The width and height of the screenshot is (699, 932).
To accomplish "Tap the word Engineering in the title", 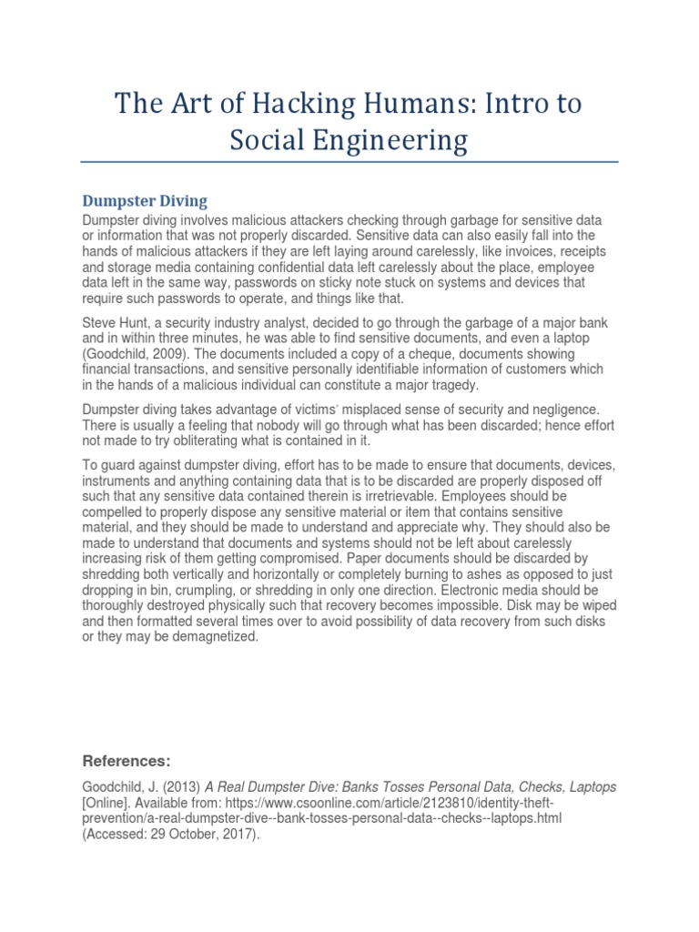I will point(395,141).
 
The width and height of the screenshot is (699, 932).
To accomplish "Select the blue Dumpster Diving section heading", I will point(145,201).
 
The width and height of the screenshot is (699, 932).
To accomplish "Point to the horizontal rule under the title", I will point(349,163).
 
